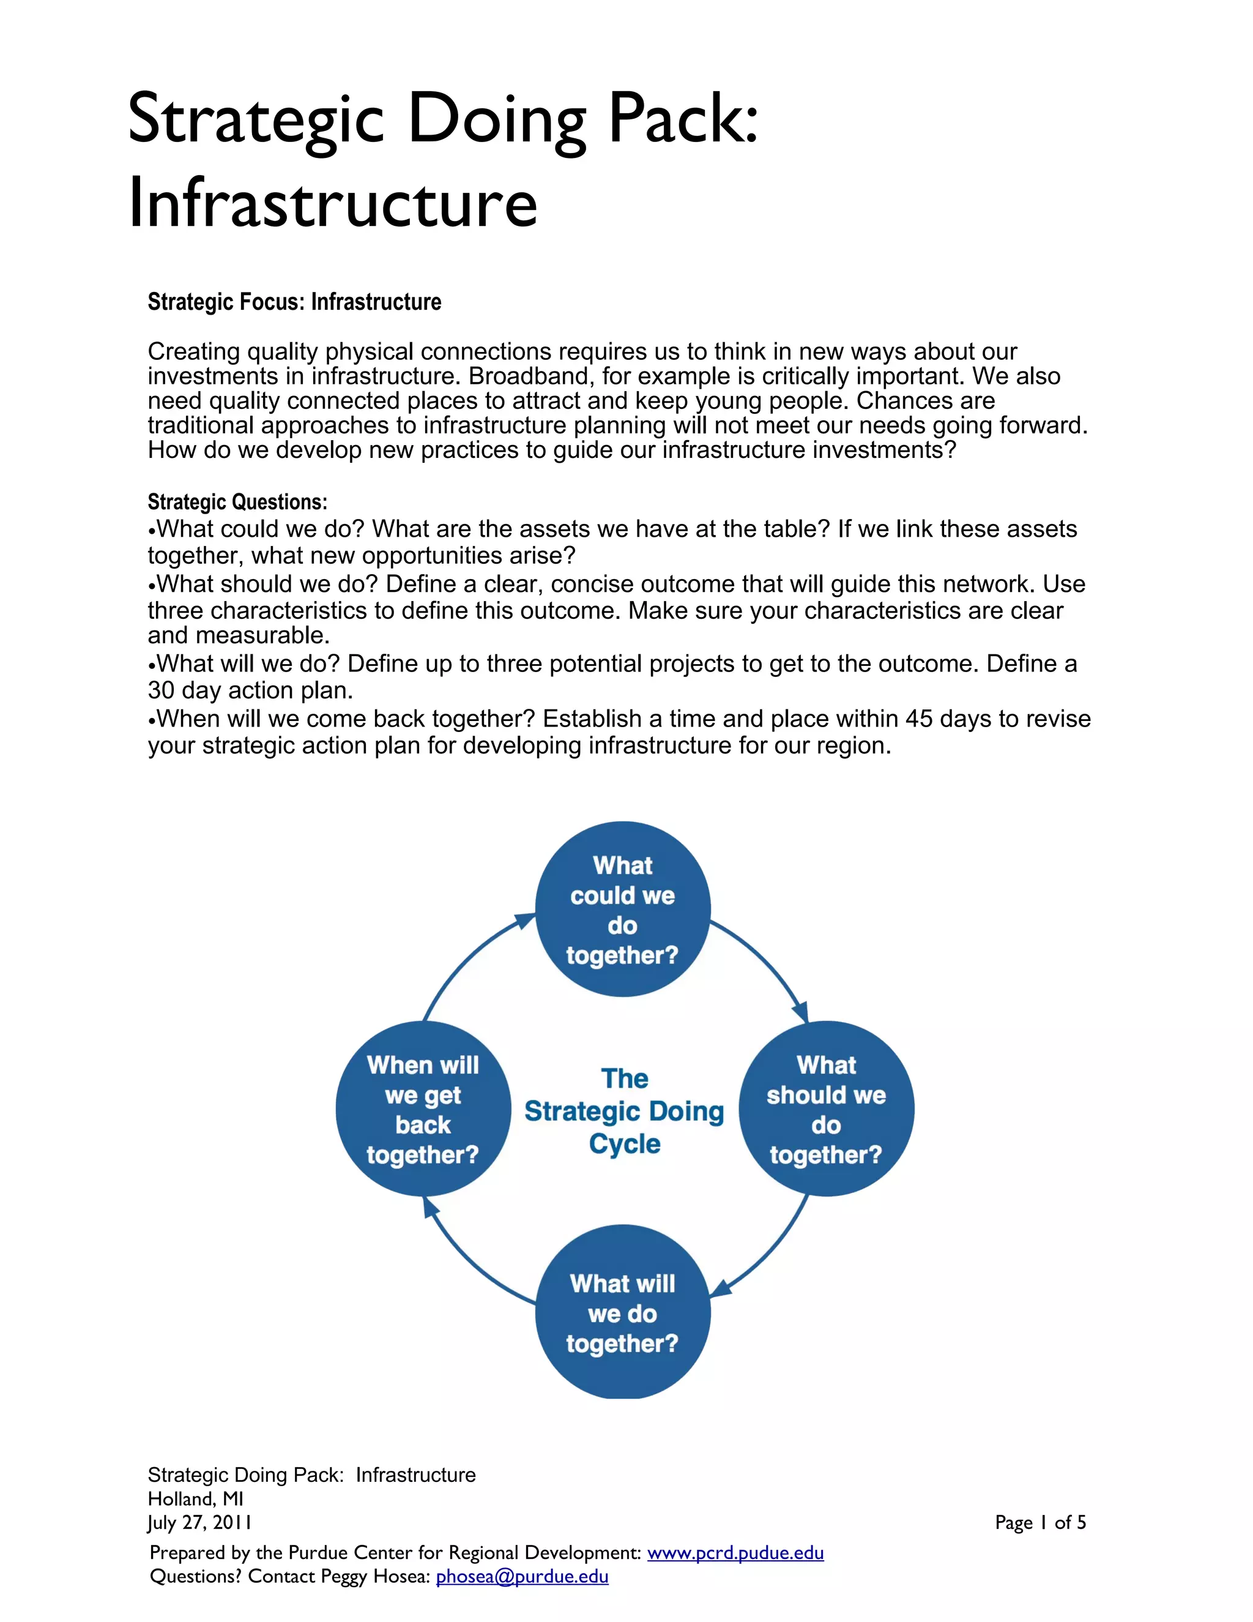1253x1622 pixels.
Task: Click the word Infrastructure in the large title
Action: pyautogui.click(x=333, y=202)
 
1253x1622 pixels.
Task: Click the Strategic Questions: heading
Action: pyautogui.click(x=237, y=502)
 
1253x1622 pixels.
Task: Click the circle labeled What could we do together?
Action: pyautogui.click(x=623, y=909)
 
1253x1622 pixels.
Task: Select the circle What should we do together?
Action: pyautogui.click(x=826, y=1109)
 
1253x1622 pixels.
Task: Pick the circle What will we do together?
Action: pyautogui.click(x=623, y=1312)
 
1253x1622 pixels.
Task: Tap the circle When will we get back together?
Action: pyautogui.click(x=423, y=1109)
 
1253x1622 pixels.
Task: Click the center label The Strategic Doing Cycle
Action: pyautogui.click(x=624, y=1111)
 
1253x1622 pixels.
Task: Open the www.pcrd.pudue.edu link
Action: pyautogui.click(x=735, y=1552)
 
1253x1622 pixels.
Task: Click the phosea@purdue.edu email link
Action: pyautogui.click(x=522, y=1576)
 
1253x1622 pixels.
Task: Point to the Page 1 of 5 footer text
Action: pyautogui.click(x=1040, y=1522)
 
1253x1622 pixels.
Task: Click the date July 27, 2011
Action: pyautogui.click(x=199, y=1522)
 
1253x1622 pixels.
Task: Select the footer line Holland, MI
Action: pyautogui.click(x=196, y=1499)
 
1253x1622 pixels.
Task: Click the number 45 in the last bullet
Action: pyautogui.click(x=920, y=719)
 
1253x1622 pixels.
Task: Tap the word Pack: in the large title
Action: pyautogui.click(x=683, y=119)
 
